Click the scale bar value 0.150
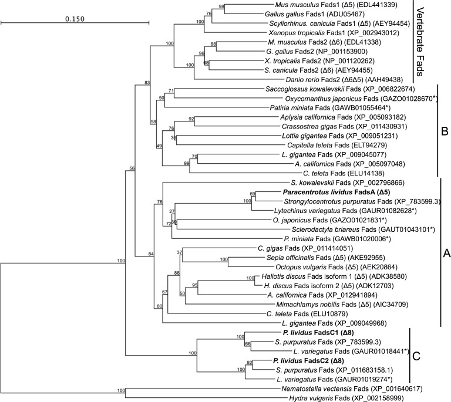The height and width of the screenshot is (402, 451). tap(75, 19)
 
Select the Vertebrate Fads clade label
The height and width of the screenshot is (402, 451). tap(420, 42)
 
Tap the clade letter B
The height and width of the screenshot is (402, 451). tap(445, 131)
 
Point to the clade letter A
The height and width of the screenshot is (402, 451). tap(446, 253)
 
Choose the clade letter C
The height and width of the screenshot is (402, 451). tap(416, 356)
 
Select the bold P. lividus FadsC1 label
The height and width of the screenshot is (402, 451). tap(318, 333)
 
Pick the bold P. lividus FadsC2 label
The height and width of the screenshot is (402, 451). tap(308, 360)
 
